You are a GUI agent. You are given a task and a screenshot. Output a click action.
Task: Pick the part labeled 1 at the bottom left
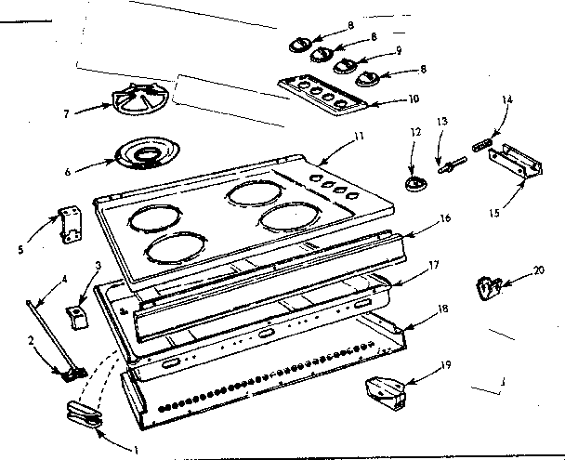[x=84, y=414]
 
